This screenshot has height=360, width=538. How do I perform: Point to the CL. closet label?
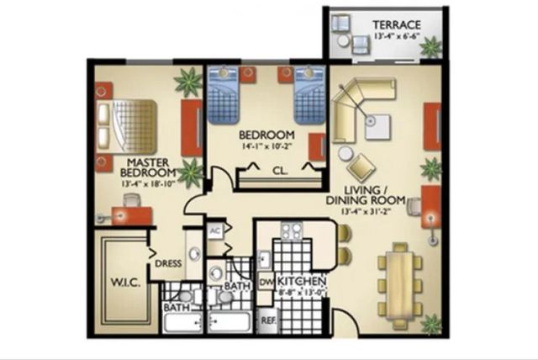pyautogui.click(x=280, y=170)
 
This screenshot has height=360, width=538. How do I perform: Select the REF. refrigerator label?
pyautogui.click(x=269, y=320)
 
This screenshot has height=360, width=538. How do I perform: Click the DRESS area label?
pyautogui.click(x=167, y=263)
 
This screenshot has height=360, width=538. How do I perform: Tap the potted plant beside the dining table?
pyautogui.click(x=432, y=323)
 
